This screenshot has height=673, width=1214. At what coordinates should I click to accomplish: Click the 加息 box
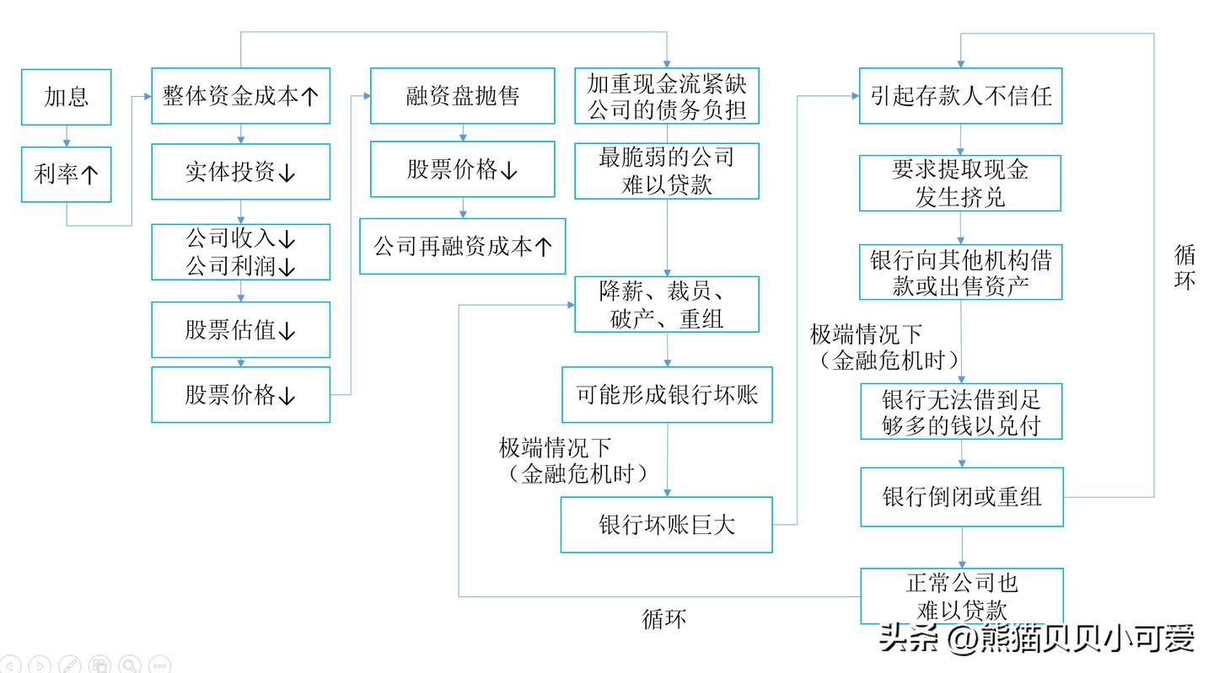pos(66,97)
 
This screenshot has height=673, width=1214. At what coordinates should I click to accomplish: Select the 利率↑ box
pos(66,174)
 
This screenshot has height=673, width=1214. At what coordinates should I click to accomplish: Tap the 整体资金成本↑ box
pos(240,96)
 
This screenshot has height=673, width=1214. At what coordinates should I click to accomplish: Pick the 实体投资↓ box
pos(240,172)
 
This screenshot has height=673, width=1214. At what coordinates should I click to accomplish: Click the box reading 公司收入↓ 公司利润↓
pos(240,252)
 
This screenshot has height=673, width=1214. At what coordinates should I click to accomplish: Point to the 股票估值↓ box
pos(240,329)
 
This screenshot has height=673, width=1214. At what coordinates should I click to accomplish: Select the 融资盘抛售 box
pos(462,96)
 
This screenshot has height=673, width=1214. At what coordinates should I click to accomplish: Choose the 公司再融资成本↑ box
pos(462,246)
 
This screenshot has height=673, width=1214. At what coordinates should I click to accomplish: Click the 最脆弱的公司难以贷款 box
pos(666,171)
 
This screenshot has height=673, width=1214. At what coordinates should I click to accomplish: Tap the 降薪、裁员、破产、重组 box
pos(666,304)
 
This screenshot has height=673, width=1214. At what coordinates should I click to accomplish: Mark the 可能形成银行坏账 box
pos(667,394)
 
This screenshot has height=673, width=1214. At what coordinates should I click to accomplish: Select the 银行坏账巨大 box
pos(666,525)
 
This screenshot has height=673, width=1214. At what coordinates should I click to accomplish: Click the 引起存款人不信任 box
pos(960,96)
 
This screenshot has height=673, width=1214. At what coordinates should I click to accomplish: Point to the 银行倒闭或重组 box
pos(961,497)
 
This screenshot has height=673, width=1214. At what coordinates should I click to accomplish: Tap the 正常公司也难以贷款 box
pos(961,596)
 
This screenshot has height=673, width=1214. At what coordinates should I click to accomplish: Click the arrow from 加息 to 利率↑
pos(66,136)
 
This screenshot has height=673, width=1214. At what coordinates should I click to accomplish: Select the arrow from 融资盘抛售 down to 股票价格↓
pos(462,132)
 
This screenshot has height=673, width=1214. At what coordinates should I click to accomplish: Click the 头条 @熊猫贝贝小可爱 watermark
pos(1036,638)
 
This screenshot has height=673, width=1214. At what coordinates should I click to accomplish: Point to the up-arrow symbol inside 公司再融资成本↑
pos(544,247)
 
